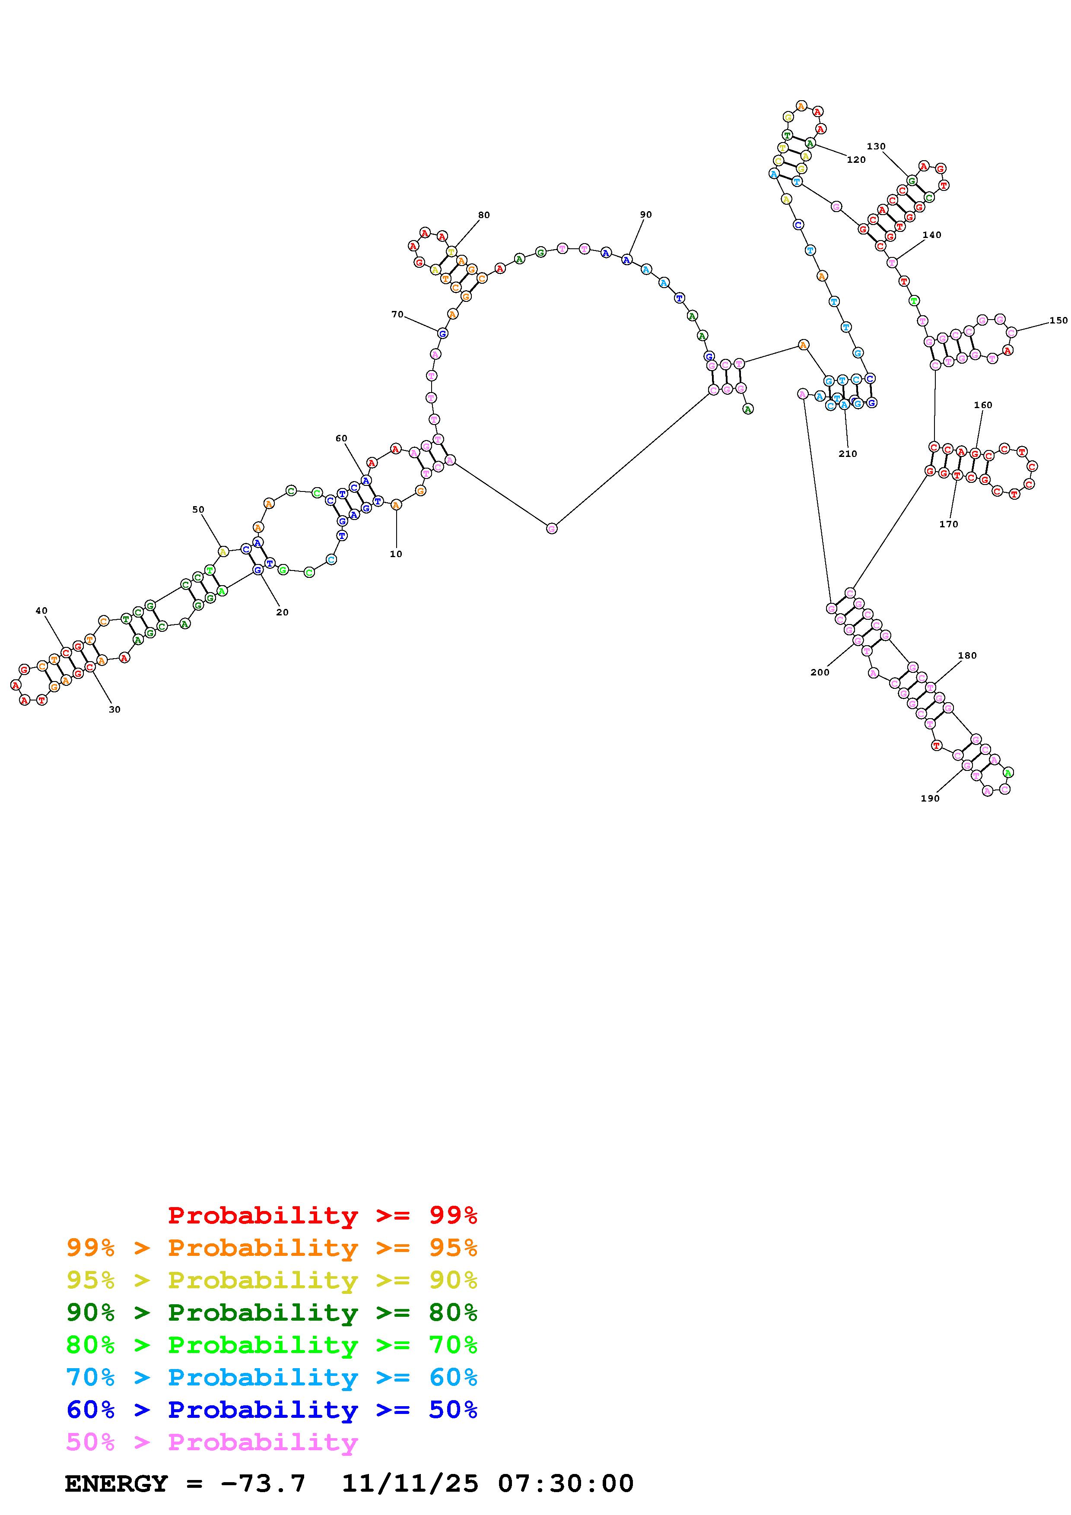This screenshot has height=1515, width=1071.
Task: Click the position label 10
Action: pos(395,554)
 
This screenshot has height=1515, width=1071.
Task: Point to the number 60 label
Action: pos(341,438)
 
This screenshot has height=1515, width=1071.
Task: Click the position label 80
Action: pos(484,215)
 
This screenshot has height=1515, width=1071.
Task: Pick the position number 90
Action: pos(645,215)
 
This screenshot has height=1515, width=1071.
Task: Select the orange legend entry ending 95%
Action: pos(272,1248)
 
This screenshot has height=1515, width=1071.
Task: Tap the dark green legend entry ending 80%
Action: pos(272,1312)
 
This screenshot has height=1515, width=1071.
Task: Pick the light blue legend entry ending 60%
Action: pos(272,1377)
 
